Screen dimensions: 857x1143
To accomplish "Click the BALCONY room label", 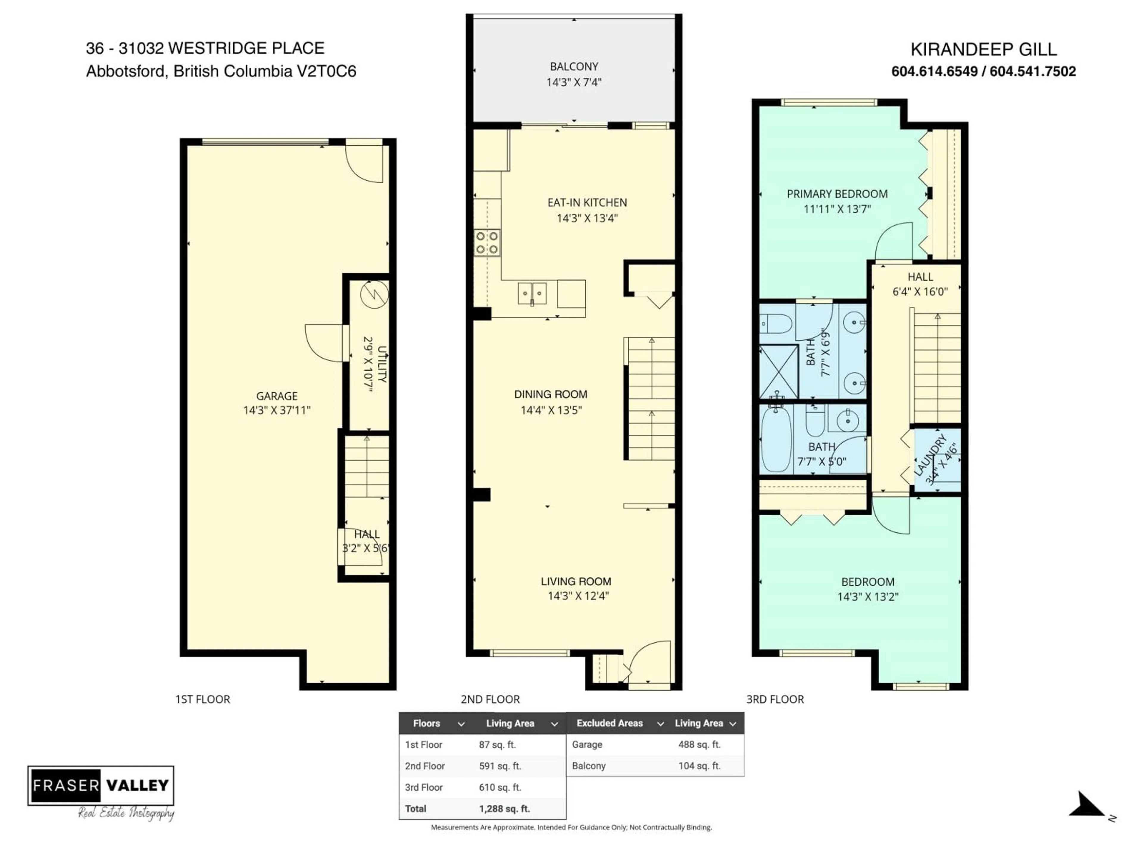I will pyautogui.click(x=574, y=67).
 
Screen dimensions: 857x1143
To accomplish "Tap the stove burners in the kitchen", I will pyautogui.click(x=487, y=243).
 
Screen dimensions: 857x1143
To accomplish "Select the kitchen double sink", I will pyautogui.click(x=532, y=293).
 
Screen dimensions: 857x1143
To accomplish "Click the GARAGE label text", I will pyautogui.click(x=277, y=396).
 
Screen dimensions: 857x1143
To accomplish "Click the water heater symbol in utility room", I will pyautogui.click(x=374, y=295).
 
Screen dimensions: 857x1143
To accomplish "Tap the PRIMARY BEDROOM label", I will pyautogui.click(x=837, y=194).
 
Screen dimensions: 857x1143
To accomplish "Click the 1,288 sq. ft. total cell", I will pyautogui.click(x=504, y=808).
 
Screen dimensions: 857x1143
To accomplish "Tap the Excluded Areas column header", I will pyautogui.click(x=610, y=723).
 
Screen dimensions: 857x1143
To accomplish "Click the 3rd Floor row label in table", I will pyautogui.click(x=424, y=787).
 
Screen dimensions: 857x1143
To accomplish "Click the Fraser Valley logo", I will pyautogui.click(x=101, y=786).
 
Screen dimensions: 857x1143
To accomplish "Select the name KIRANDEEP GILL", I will pyautogui.click(x=983, y=50).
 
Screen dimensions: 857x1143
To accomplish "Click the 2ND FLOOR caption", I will pyautogui.click(x=490, y=700).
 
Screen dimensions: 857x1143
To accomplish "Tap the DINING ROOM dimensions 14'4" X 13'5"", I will pyautogui.click(x=551, y=410).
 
